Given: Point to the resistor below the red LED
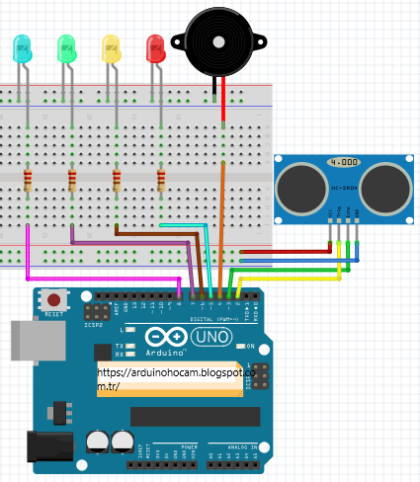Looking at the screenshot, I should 161,180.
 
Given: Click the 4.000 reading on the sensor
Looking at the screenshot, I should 343,162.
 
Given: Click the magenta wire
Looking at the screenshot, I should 99,277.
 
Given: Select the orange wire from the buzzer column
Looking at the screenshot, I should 222,217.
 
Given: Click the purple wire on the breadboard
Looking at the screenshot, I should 128,242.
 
